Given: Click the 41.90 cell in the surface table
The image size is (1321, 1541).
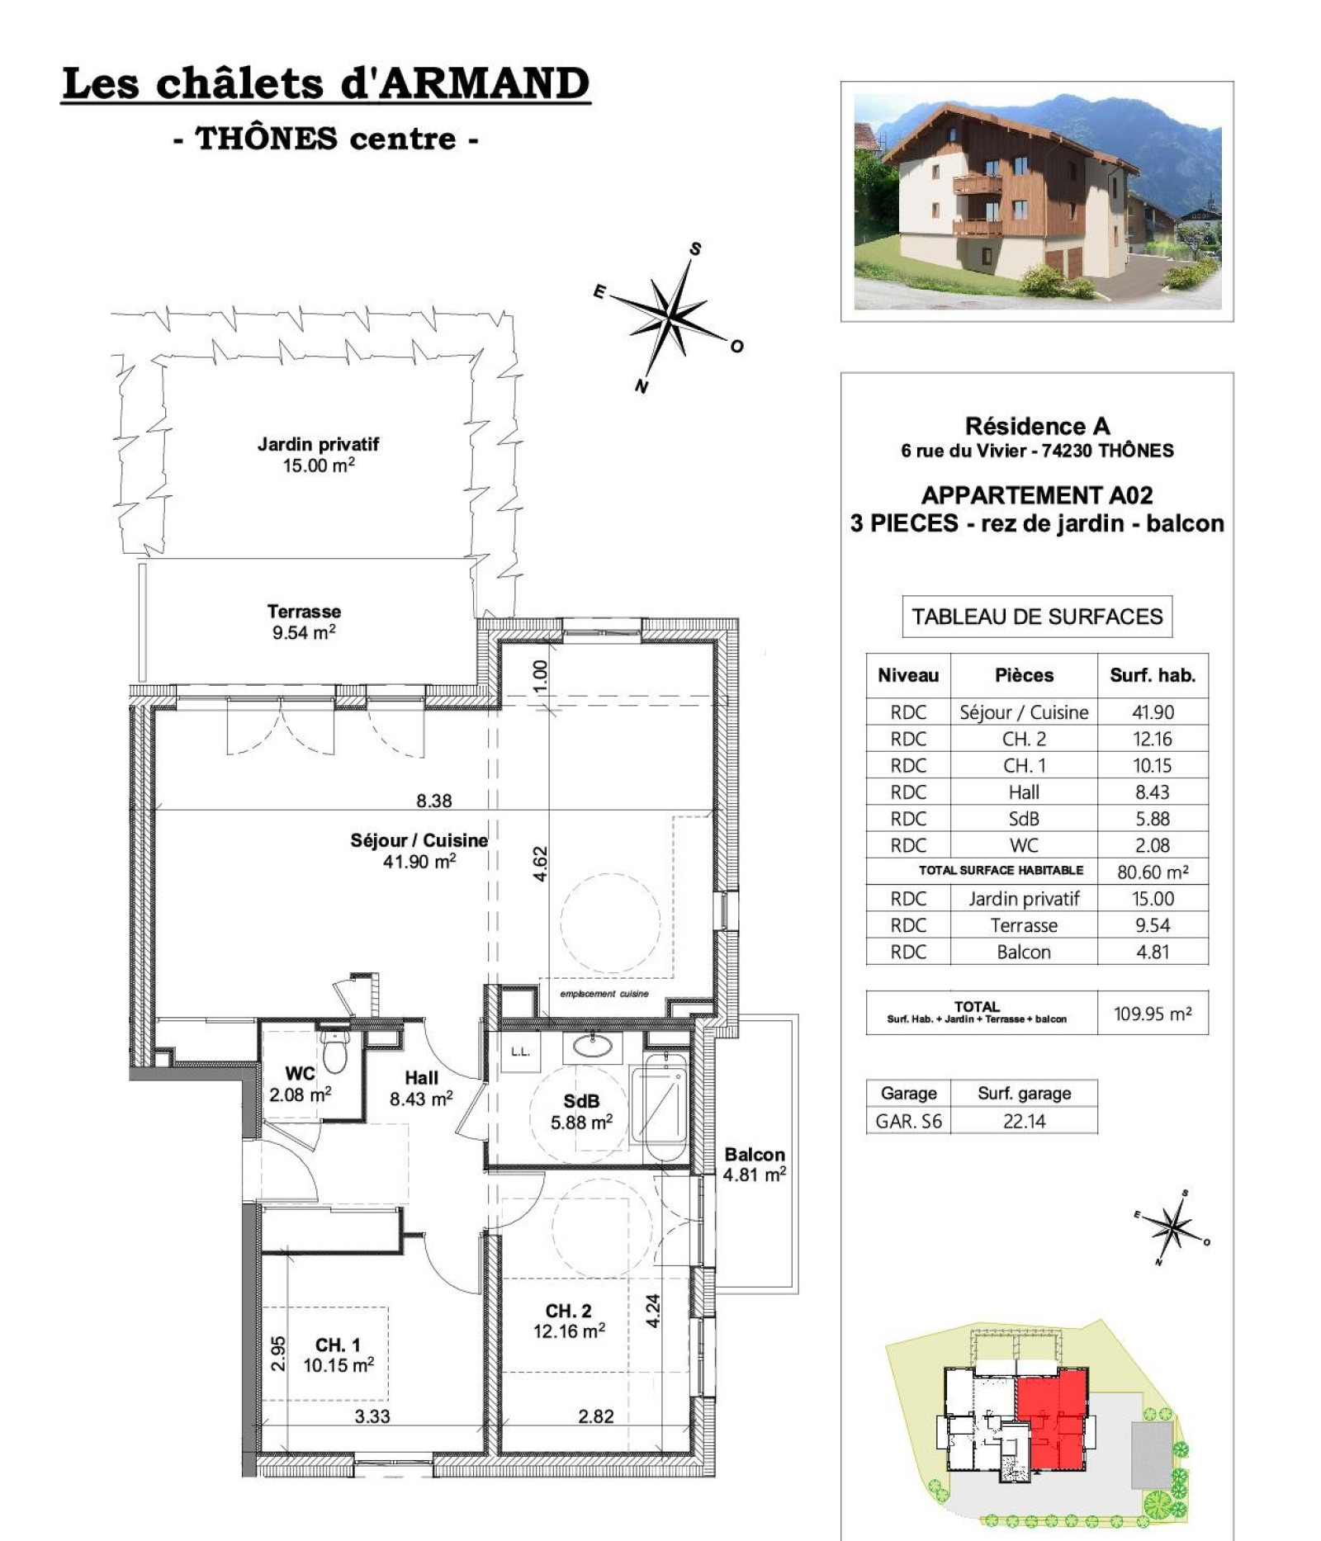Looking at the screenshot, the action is (x=1153, y=712).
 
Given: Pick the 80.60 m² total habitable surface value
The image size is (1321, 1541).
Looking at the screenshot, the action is (x=1153, y=872).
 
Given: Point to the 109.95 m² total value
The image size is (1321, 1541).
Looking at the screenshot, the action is (x=1153, y=1014).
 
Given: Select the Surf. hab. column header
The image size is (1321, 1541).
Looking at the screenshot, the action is (x=1153, y=675).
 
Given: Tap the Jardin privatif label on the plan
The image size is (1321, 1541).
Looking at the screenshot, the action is (x=318, y=445).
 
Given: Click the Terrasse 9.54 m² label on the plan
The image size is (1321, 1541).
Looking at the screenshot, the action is (x=304, y=622).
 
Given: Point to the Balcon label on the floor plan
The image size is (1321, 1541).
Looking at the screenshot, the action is (x=755, y=1155).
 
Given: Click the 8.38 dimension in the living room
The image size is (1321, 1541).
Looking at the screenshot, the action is (x=434, y=800).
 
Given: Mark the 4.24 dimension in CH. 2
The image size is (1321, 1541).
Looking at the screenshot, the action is (x=653, y=1310).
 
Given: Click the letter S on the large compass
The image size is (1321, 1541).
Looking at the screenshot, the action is (x=695, y=248).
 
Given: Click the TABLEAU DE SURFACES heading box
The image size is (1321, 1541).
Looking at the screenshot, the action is (x=1037, y=617).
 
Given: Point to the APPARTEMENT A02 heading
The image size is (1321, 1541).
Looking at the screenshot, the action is (x=1037, y=495).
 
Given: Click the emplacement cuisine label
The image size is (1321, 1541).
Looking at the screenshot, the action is (x=604, y=994).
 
